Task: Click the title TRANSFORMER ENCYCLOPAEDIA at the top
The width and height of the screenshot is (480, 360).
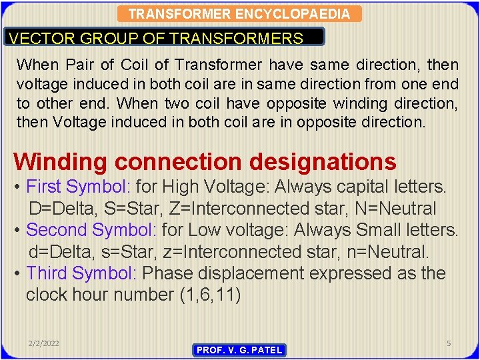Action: tap(239, 14)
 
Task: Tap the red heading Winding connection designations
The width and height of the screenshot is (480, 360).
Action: tap(205, 161)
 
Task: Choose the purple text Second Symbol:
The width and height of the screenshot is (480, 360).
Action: tap(91, 230)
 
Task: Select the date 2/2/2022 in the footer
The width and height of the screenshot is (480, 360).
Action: tap(44, 343)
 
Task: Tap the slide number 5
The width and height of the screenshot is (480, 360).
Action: tap(449, 343)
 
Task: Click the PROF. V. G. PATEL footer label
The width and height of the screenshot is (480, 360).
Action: tap(239, 350)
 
